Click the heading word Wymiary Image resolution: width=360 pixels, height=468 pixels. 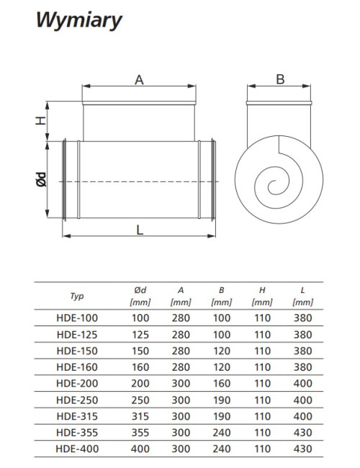tap(79, 21)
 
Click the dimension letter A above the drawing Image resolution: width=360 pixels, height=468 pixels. tap(139, 80)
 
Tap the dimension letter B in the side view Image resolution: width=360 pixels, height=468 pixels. tap(280, 79)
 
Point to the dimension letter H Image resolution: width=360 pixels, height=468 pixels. tap(41, 120)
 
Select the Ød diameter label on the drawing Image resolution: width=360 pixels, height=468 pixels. tap(42, 179)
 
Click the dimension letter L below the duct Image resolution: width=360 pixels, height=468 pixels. tap(140, 230)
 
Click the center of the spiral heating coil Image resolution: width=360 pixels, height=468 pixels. tap(275, 187)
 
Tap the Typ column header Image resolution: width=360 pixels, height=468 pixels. tap(77, 296)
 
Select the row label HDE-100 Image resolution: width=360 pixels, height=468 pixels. tap(77, 318)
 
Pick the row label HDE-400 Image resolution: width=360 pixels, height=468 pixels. tap(77, 449)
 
